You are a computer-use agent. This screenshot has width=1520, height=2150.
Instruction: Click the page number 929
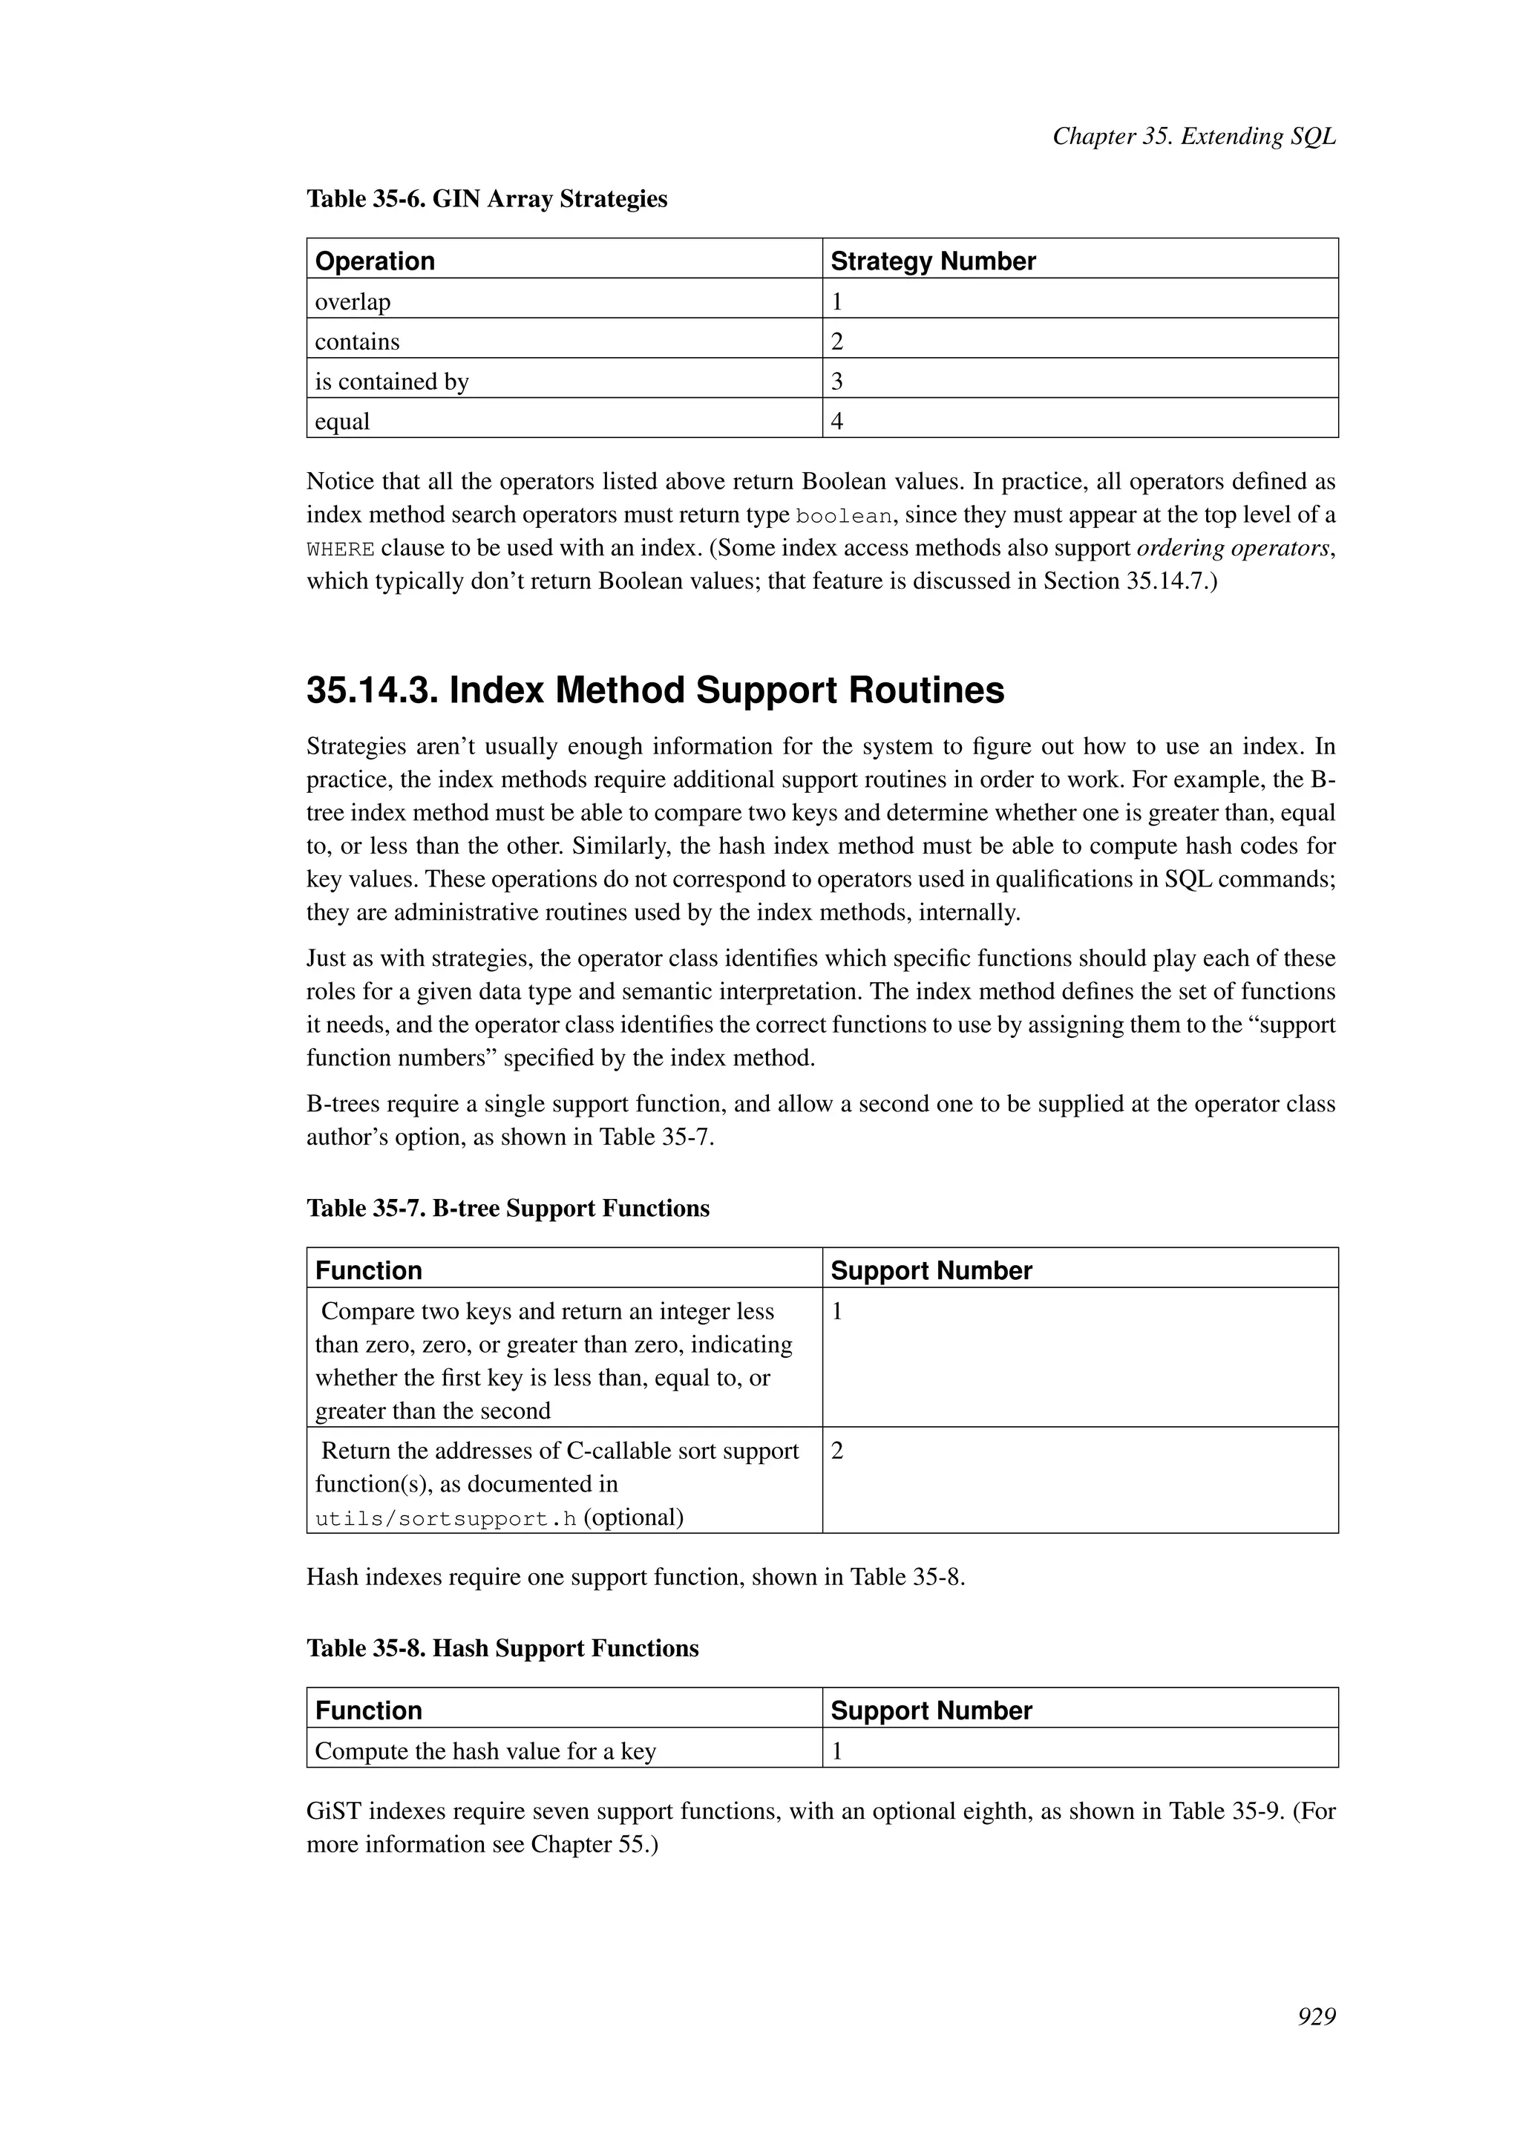(1316, 2016)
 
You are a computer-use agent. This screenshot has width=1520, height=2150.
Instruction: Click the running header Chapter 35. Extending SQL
(1193, 137)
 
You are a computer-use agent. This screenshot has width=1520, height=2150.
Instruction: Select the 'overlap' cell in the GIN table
(353, 301)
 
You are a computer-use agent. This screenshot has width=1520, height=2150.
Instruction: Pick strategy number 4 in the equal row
(836, 422)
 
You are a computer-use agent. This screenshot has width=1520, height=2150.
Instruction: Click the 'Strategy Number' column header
(932, 261)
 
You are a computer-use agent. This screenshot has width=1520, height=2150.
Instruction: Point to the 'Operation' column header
(374, 261)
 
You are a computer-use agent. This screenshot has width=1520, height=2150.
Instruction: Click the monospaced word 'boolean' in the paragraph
(843, 517)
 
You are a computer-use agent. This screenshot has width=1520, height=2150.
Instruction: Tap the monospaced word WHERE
(341, 549)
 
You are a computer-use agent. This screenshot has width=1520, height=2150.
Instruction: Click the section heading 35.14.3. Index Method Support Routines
(655, 691)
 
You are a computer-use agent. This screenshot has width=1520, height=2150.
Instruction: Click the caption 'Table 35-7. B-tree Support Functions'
(508, 1208)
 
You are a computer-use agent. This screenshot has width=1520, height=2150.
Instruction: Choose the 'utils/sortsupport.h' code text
(445, 1519)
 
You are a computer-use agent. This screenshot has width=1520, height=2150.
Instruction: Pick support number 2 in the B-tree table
(836, 1451)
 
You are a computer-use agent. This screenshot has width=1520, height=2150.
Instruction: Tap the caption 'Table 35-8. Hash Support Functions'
(502, 1648)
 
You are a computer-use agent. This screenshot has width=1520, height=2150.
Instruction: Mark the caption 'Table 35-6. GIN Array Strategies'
(487, 200)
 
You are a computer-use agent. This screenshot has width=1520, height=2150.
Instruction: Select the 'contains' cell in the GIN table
(356, 342)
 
